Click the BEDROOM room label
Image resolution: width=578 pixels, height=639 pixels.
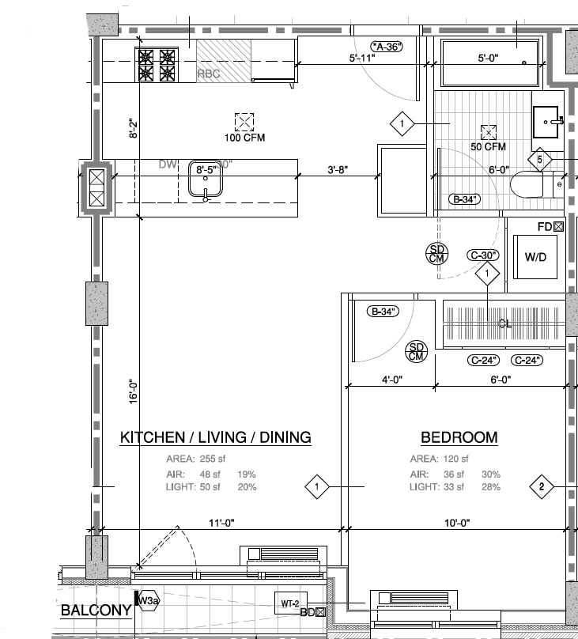(x=459, y=437)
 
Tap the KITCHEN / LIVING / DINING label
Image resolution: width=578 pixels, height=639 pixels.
(x=215, y=437)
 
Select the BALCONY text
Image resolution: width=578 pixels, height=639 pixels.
(x=96, y=611)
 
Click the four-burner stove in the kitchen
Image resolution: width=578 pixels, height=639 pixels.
(x=157, y=65)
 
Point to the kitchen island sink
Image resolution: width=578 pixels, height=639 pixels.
(x=206, y=180)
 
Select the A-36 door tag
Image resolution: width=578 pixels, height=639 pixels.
(x=387, y=47)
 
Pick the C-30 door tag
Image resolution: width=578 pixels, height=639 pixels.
(x=484, y=255)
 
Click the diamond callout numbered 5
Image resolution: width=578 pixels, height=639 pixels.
(x=540, y=160)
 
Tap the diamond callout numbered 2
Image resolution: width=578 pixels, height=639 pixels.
(x=542, y=486)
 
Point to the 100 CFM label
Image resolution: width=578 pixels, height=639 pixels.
(x=244, y=138)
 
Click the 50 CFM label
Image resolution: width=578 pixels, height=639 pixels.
(x=488, y=147)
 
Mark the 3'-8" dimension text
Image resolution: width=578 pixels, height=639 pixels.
(x=338, y=169)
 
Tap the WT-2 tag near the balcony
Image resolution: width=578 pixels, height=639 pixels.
(x=289, y=603)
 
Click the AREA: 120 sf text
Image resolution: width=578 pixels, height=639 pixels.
(x=439, y=459)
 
